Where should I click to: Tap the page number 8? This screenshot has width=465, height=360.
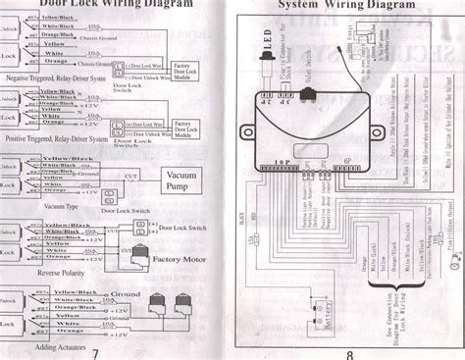point(348,353)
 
